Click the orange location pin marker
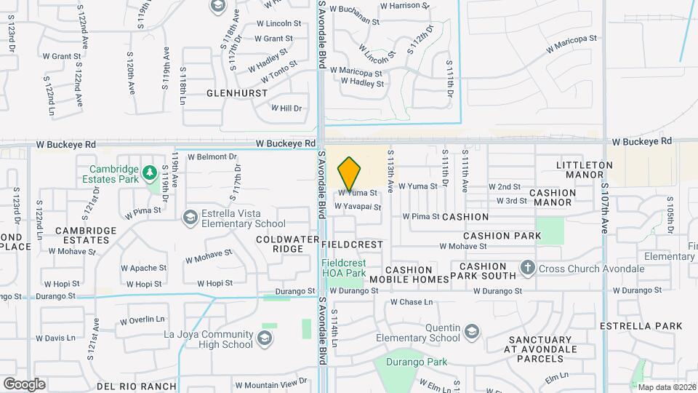pos(350,173)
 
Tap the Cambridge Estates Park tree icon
pos(149,173)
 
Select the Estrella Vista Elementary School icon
pos(190,216)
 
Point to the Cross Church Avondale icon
pos(529,269)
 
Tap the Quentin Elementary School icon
pos(471,333)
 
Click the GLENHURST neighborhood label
pos(237,93)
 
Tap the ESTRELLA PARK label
pos(642,325)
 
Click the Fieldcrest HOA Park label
pos(344,267)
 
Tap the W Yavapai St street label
pos(358,207)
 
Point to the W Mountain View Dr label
pos(276,384)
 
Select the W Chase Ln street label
pos(412,301)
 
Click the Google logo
pos(24,384)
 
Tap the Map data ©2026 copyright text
pos(667,387)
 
